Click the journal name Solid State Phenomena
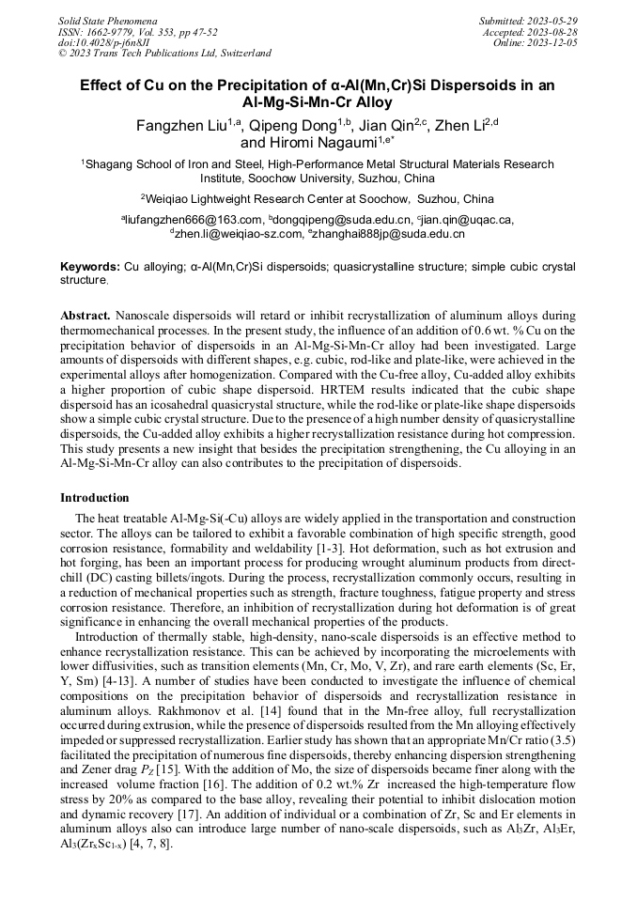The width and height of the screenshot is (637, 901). click(x=107, y=21)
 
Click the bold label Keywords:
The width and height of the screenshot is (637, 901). click(x=90, y=268)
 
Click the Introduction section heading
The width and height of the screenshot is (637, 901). click(x=95, y=498)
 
